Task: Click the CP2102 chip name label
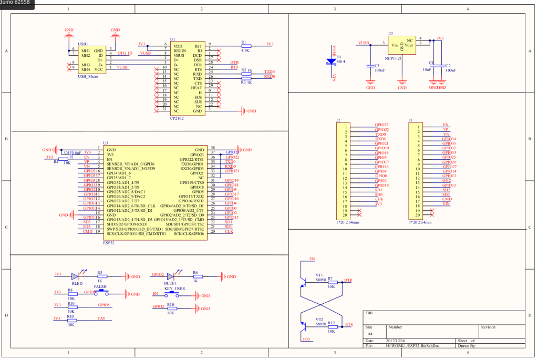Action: [x=177, y=119]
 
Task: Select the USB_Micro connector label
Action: [x=88, y=76]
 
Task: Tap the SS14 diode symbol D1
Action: [x=332, y=61]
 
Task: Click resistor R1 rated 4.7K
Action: [x=245, y=45]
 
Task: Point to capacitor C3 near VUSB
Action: [x=370, y=66]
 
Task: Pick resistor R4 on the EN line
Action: [x=63, y=158]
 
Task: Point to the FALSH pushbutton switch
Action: [x=100, y=294]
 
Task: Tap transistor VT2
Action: [x=304, y=322]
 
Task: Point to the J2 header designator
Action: [x=338, y=120]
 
